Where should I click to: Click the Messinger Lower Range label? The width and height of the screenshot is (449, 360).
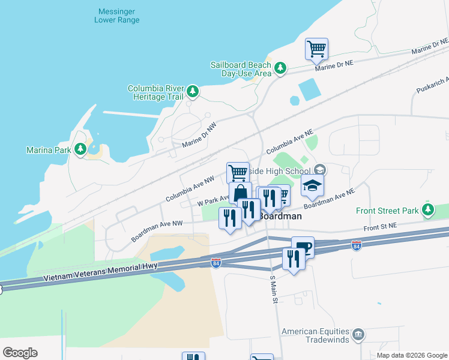point(117,16)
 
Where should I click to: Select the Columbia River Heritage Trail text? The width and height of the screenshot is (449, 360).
point(154,92)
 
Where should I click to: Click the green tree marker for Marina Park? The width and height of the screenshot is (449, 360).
point(80,149)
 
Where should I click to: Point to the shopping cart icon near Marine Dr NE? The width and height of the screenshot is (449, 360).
point(316,49)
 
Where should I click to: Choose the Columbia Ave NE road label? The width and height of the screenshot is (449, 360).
point(290,140)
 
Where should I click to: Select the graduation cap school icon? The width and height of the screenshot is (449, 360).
point(312,186)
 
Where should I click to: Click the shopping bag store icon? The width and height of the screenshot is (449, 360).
point(240,193)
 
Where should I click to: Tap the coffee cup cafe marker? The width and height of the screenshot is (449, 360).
point(303,247)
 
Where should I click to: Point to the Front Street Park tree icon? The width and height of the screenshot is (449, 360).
point(428,211)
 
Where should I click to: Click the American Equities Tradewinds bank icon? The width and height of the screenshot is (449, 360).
point(358,334)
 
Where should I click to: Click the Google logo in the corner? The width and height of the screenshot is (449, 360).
point(20,353)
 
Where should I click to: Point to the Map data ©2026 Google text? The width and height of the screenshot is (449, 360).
point(411,355)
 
